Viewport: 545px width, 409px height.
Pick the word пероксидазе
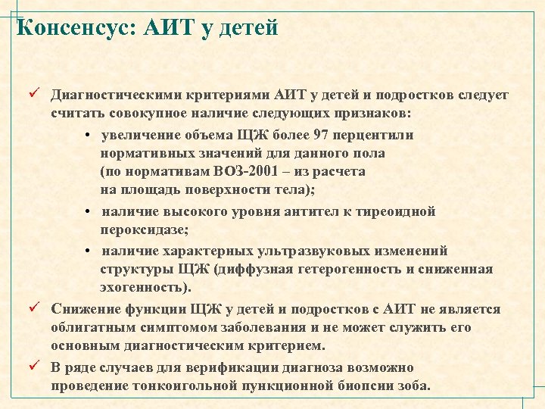click(x=142, y=230)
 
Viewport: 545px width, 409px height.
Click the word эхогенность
click(x=143, y=288)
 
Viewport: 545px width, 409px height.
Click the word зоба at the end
click(x=415, y=386)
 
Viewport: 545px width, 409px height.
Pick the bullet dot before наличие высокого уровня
click(x=89, y=213)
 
